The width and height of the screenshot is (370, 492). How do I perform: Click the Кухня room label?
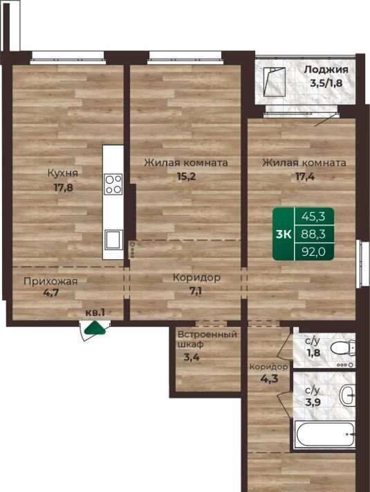(63, 173)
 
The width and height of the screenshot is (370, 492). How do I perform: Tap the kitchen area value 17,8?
(64, 188)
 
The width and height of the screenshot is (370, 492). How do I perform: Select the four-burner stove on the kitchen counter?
(113, 184)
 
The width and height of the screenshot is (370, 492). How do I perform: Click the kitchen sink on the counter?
(113, 239)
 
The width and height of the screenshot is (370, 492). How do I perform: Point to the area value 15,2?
(186, 176)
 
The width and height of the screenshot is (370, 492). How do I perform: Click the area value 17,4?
(305, 176)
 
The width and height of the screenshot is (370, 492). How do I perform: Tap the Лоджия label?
(326, 69)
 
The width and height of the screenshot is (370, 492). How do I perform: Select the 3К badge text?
(284, 234)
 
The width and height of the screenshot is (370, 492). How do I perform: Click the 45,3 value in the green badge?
(313, 216)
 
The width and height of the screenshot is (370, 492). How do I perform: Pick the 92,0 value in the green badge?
(313, 252)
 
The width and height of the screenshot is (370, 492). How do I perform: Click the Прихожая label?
(50, 281)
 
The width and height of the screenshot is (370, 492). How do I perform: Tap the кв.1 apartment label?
(95, 313)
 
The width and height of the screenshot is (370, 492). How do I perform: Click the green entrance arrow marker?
(95, 328)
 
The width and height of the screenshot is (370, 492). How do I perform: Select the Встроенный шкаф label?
(207, 339)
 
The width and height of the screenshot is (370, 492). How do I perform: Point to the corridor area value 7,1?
(195, 291)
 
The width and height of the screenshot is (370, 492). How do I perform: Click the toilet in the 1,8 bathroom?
(343, 349)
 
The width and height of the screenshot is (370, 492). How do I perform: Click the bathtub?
(325, 434)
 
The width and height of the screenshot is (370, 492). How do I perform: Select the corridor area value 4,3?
(269, 378)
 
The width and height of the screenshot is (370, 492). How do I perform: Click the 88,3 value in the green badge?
(313, 234)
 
